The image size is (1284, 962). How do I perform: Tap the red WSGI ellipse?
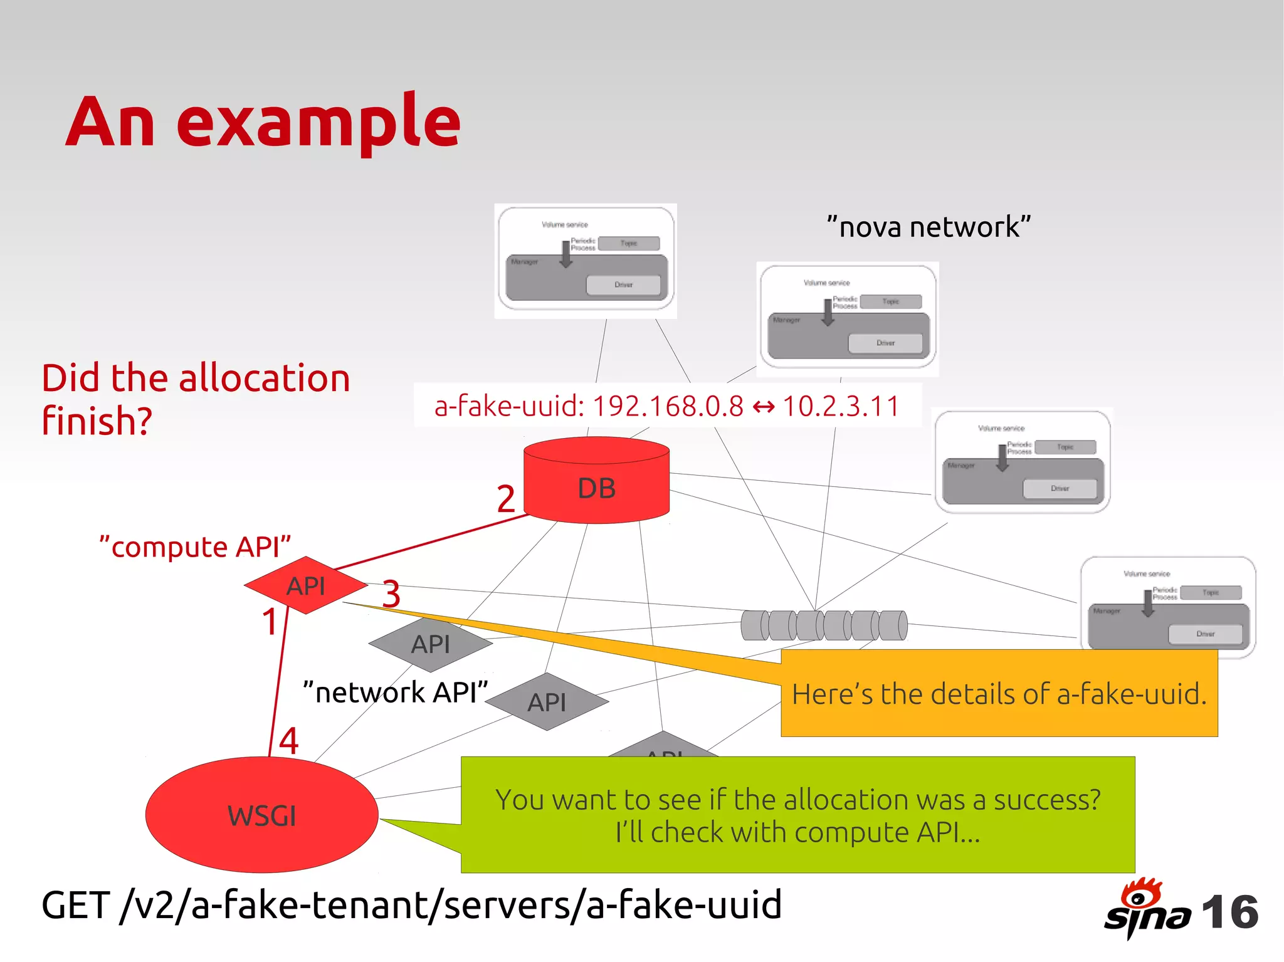tap(261, 815)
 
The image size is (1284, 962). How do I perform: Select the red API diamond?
tap(305, 585)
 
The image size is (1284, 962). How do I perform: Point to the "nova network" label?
tap(929, 227)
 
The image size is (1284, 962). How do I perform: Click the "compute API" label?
tap(195, 547)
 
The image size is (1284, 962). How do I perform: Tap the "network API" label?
tap(395, 693)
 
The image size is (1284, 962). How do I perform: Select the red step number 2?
tap(505, 499)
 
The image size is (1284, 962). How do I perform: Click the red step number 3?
tap(391, 593)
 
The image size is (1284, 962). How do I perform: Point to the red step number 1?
tap(270, 622)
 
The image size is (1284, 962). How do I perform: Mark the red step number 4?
tap(288, 740)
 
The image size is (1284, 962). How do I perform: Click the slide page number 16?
tap(1229, 912)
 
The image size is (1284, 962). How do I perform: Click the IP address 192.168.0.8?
tap(668, 406)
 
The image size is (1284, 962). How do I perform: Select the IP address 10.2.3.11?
tap(841, 406)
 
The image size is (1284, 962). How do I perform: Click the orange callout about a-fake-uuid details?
tap(999, 694)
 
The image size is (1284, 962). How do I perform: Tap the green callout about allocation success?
tap(797, 815)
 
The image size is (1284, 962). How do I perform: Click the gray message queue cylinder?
tap(824, 625)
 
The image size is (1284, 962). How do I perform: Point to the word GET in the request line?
tap(76, 906)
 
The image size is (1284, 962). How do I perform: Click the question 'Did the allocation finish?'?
tap(195, 399)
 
